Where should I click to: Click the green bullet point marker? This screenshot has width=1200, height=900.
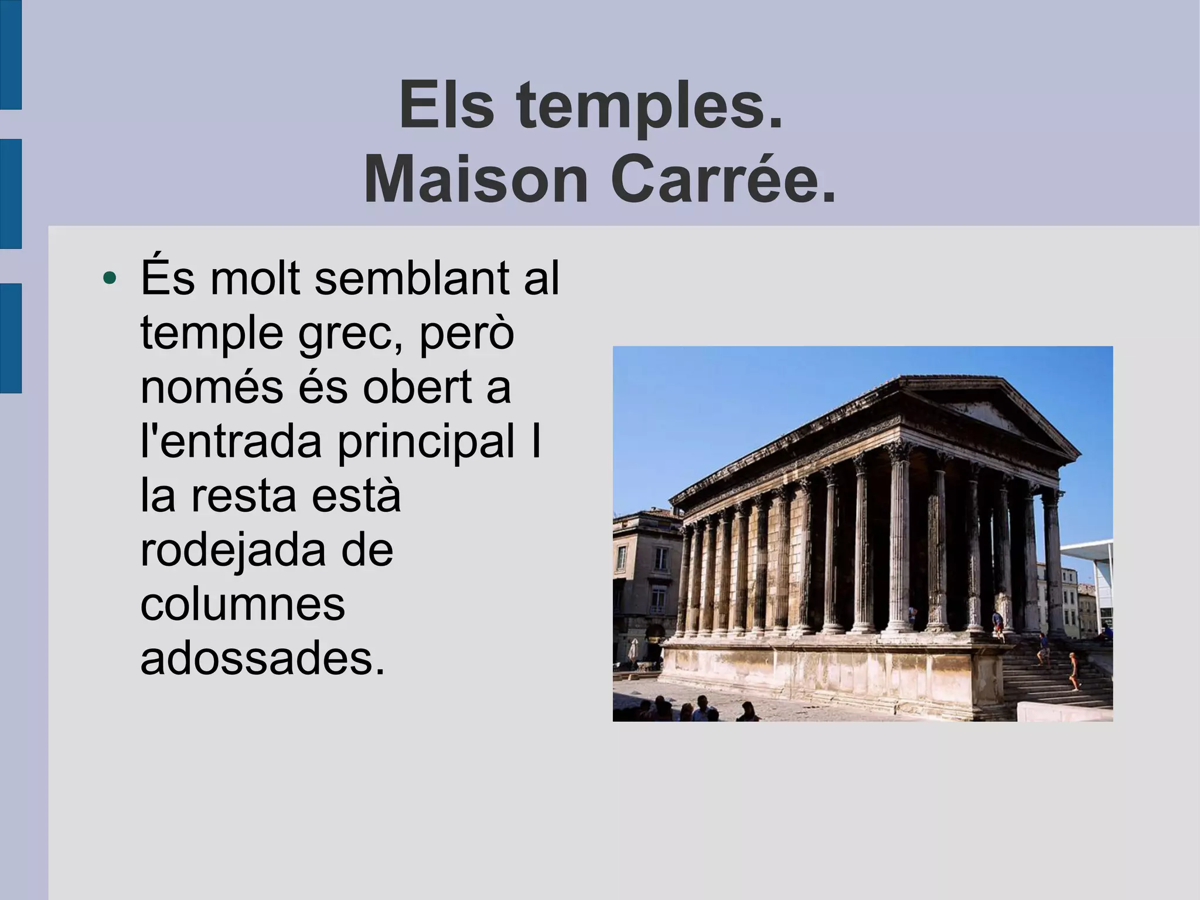[x=109, y=278]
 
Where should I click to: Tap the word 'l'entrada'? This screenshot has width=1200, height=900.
[x=231, y=441]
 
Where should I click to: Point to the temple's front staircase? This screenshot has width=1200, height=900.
[x=1055, y=674]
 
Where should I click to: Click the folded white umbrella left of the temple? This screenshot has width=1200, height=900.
[x=633, y=650]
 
